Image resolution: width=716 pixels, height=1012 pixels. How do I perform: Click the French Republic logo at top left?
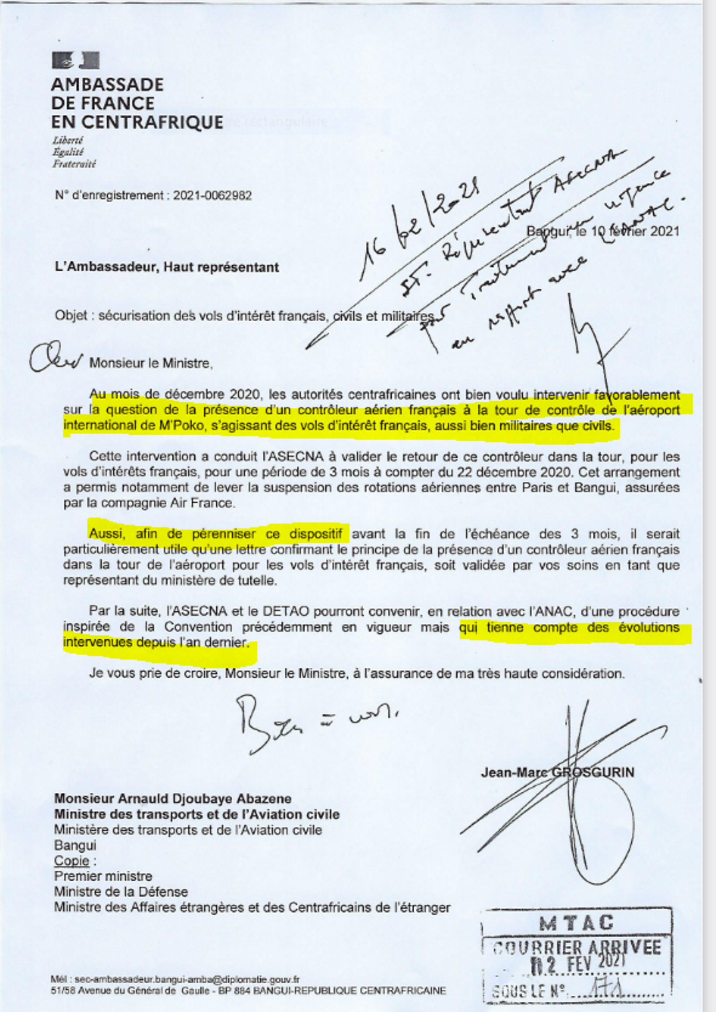tap(76, 61)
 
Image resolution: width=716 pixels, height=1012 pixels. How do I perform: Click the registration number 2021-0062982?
tap(212, 195)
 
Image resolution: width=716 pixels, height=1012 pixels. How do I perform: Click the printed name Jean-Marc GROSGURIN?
tap(557, 772)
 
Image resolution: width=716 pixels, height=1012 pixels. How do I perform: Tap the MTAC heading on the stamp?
tap(577, 923)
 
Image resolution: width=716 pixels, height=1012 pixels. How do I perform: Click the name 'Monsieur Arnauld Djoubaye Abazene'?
tap(172, 799)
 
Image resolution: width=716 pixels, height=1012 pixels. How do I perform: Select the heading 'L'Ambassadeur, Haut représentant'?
tap(167, 267)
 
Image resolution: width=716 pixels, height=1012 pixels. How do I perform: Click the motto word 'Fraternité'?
tap(74, 164)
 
